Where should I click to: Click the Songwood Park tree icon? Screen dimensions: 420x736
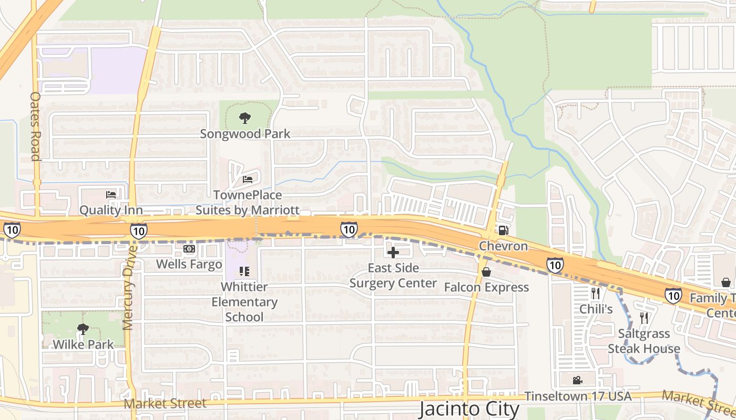(x=244, y=118)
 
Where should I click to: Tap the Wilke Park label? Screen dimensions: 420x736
(x=83, y=345)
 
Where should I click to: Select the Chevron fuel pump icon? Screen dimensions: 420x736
(x=503, y=230)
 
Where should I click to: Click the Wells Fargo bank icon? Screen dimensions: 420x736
(x=189, y=249)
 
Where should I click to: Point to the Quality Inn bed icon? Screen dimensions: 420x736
(x=111, y=195)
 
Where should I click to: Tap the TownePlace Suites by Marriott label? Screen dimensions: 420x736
(x=248, y=203)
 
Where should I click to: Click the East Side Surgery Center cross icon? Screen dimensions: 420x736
(x=393, y=253)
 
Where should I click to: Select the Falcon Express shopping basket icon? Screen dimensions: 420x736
(x=486, y=272)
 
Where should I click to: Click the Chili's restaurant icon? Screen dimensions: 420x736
(x=595, y=293)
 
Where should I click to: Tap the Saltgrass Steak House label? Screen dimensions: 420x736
(x=644, y=341)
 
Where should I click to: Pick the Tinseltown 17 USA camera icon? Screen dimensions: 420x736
(x=577, y=380)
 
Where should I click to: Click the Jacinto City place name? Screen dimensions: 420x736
(x=469, y=409)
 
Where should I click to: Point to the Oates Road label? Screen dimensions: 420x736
(x=35, y=127)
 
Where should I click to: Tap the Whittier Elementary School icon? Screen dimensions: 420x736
(x=244, y=271)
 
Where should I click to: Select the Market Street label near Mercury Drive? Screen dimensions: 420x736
(x=166, y=404)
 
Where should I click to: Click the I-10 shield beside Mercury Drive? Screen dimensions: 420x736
(x=138, y=230)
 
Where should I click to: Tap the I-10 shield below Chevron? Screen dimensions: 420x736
(x=555, y=265)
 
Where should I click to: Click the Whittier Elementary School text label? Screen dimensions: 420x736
(x=244, y=302)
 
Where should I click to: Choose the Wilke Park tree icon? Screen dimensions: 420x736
(x=83, y=329)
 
